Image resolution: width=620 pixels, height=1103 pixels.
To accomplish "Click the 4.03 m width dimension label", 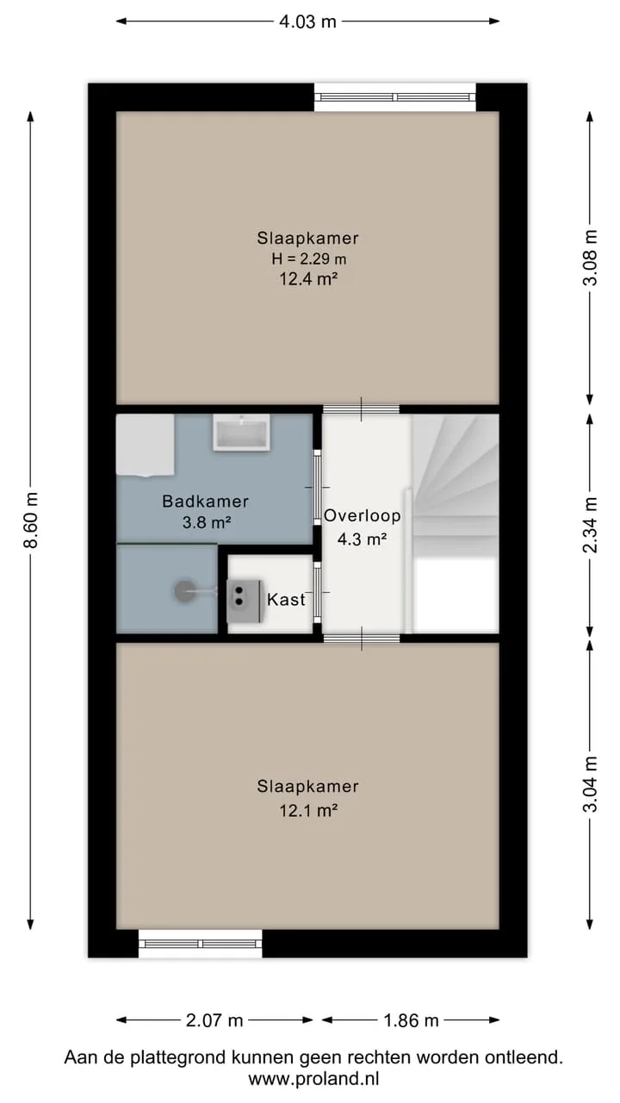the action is pyautogui.click(x=307, y=22).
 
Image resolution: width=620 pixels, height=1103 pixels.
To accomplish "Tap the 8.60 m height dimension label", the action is pyautogui.click(x=32, y=520).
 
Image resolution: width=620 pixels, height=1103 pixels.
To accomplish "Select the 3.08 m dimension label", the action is pyautogui.click(x=590, y=258).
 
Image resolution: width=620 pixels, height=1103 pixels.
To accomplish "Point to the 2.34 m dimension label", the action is pyautogui.click(x=590, y=525).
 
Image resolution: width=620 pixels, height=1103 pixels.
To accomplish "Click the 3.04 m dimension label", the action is pyautogui.click(x=590, y=784).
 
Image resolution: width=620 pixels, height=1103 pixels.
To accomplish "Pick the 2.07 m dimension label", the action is pyautogui.click(x=214, y=1020).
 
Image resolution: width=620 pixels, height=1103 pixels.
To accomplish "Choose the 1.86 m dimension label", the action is pyautogui.click(x=411, y=1020).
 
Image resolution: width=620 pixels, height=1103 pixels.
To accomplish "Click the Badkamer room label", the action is pyautogui.click(x=205, y=502).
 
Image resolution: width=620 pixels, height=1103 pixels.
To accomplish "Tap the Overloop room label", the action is pyautogui.click(x=363, y=515).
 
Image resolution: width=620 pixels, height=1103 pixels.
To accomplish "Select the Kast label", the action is pyautogui.click(x=286, y=599).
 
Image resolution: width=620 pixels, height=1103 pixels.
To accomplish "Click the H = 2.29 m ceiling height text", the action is pyautogui.click(x=308, y=259).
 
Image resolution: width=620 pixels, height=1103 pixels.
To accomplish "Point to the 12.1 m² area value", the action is pyautogui.click(x=308, y=810).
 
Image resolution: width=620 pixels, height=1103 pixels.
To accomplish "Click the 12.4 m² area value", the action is pyautogui.click(x=308, y=279).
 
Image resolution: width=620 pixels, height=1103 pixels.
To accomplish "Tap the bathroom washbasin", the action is pyautogui.click(x=241, y=433).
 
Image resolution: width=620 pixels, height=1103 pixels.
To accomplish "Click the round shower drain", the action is pyautogui.click(x=184, y=591).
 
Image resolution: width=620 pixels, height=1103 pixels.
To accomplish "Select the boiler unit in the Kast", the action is pyautogui.click(x=244, y=601).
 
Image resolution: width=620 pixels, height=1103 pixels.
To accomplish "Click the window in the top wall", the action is pyautogui.click(x=395, y=97).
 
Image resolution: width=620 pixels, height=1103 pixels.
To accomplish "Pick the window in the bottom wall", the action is pyautogui.click(x=201, y=944).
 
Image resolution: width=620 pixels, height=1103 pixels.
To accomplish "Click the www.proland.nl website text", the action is pyautogui.click(x=313, y=1079).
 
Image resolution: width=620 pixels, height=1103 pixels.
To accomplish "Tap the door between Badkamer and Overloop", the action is pyautogui.click(x=318, y=487).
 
